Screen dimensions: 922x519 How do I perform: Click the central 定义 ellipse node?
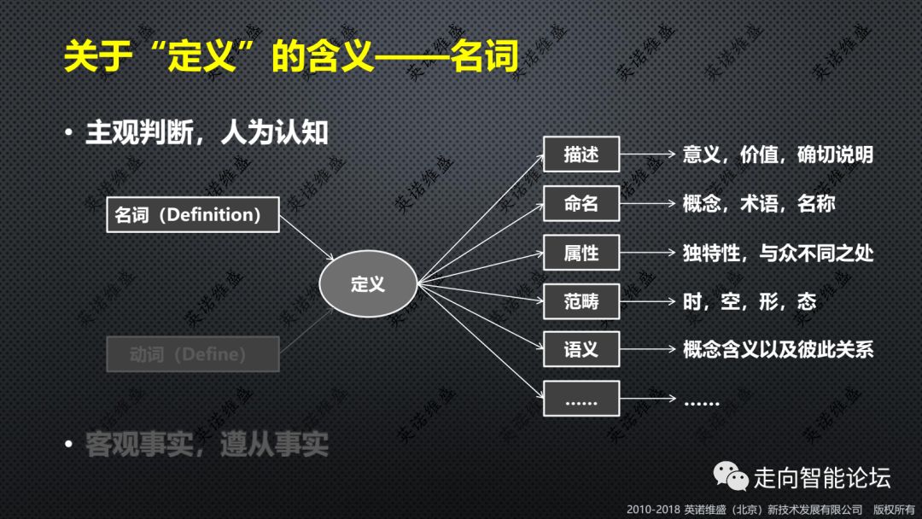click(x=368, y=284)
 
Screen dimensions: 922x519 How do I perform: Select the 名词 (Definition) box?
click(x=193, y=214)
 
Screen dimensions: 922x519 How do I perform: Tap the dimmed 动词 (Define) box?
click(x=193, y=353)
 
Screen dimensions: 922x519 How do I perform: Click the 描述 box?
click(x=581, y=155)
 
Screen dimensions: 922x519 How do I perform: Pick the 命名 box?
click(x=581, y=204)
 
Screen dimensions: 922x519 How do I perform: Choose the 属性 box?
click(x=581, y=253)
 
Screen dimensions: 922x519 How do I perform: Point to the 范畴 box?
click(x=581, y=301)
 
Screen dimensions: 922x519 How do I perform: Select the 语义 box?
click(x=581, y=350)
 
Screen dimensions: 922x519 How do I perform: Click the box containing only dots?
click(x=581, y=399)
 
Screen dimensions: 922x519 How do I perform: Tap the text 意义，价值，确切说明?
click(x=778, y=155)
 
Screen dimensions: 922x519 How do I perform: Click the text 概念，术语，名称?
click(x=759, y=204)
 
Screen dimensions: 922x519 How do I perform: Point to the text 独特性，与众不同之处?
click(x=778, y=253)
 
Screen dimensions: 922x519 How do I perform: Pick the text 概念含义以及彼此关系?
click(x=778, y=350)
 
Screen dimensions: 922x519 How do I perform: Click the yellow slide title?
click(x=291, y=57)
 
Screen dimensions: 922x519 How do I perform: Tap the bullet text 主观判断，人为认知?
click(x=207, y=132)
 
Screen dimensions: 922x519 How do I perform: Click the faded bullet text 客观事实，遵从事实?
click(x=207, y=444)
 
